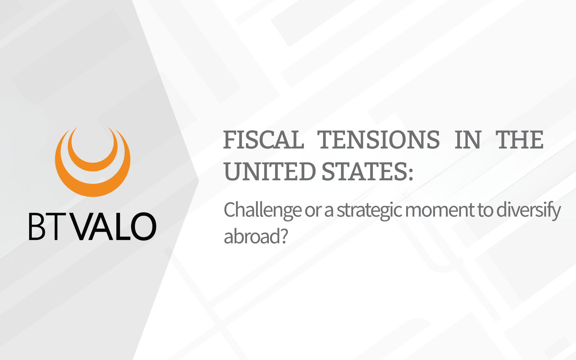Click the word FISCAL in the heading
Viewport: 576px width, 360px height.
click(264, 140)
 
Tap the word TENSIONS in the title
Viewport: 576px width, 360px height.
click(379, 140)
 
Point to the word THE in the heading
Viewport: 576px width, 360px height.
click(519, 140)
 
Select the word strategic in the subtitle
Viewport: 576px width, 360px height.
click(369, 211)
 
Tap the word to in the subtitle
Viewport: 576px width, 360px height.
click(485, 211)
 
